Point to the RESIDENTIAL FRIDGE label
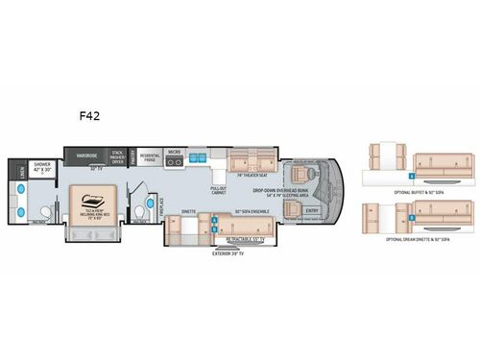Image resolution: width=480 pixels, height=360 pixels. pos(151,156)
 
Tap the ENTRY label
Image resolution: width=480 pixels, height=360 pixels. pos(310,210)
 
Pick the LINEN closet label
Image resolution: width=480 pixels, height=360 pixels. pos(21,173)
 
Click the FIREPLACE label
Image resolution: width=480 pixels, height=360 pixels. pos(161,204)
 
